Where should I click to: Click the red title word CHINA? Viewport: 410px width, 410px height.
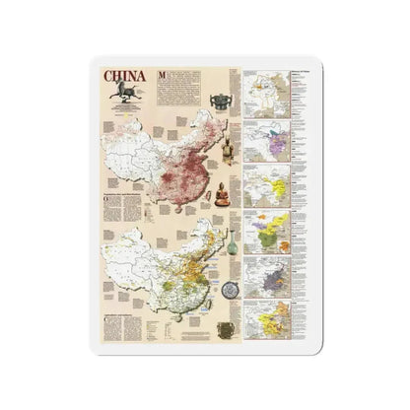(124, 77)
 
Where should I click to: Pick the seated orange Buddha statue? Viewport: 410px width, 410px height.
(222, 191)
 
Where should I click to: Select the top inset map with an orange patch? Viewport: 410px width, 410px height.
(264, 93)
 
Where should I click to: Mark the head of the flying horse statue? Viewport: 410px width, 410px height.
(116, 87)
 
